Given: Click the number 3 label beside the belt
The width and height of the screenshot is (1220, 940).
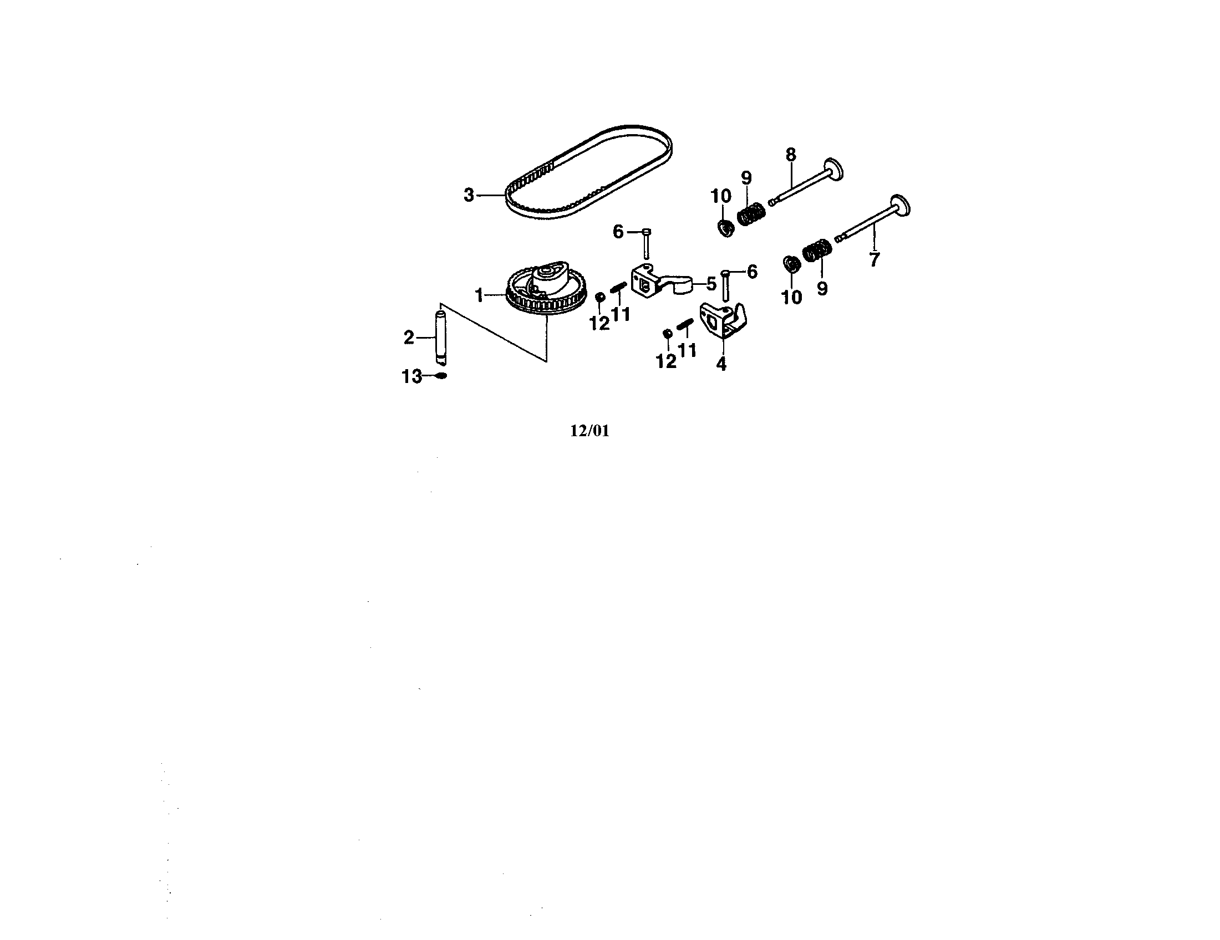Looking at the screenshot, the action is (469, 195).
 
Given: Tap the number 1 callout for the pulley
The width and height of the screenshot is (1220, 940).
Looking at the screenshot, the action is (479, 295).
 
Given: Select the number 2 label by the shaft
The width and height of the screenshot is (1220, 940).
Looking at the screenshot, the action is (409, 338).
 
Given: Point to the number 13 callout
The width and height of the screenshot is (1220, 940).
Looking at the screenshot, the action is (411, 377).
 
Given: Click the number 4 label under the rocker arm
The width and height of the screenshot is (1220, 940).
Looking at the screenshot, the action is (721, 365).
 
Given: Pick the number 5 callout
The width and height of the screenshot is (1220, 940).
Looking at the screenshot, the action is (711, 284).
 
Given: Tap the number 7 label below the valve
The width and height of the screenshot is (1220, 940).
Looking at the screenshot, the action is (874, 259).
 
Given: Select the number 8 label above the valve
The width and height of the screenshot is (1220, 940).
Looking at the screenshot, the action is (790, 155).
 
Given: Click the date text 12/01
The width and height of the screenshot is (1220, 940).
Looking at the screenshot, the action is (589, 431).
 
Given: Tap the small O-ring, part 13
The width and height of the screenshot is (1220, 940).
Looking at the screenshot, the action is (440, 376).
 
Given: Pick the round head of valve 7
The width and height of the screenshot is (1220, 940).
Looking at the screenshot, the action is (901, 206).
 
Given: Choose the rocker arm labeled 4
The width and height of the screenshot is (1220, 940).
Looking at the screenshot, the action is (723, 320).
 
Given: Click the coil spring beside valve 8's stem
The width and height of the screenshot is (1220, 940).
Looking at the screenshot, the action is (751, 214).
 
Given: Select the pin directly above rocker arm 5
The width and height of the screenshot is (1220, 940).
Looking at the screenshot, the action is (646, 243).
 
